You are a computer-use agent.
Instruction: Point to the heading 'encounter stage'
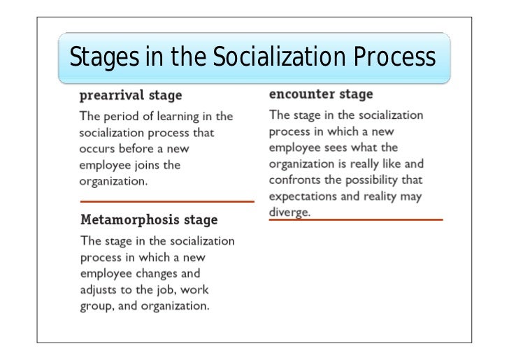pyautogui.click(x=321, y=94)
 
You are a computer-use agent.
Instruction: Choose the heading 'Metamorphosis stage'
pyautogui.click(x=149, y=220)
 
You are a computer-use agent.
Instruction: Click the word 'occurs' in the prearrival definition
pyautogui.click(x=97, y=148)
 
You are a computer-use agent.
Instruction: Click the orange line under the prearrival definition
pyautogui.click(x=167, y=201)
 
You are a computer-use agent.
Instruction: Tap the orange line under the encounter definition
pyautogui.click(x=356, y=219)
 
